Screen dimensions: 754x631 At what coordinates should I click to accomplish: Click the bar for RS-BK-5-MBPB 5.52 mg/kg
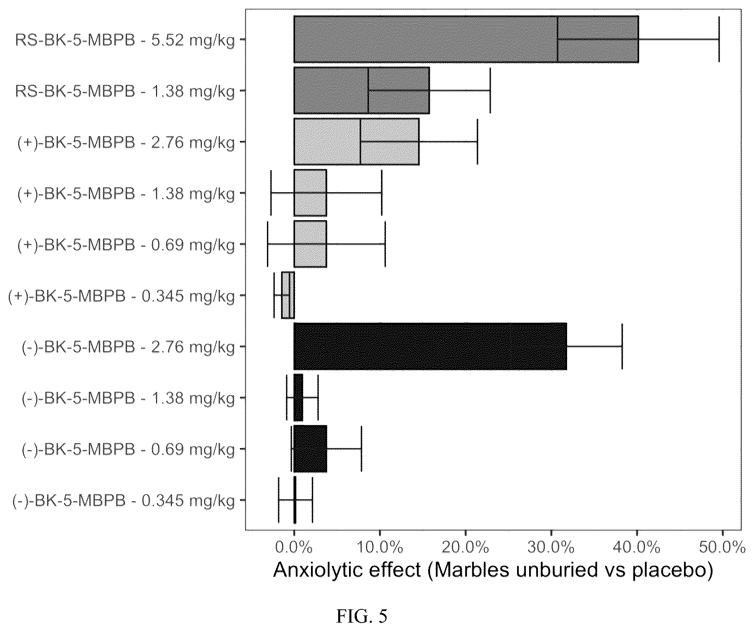pos(466,39)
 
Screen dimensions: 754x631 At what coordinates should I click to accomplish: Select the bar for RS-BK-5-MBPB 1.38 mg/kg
pos(362,90)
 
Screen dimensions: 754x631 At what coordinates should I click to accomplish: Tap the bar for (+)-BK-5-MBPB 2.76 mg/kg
pos(357,141)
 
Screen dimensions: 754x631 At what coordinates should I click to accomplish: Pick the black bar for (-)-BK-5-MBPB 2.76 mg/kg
pos(430,346)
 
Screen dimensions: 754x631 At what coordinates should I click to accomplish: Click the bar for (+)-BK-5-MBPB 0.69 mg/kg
pos(310,244)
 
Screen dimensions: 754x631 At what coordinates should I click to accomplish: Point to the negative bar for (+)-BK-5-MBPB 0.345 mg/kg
pos(288,295)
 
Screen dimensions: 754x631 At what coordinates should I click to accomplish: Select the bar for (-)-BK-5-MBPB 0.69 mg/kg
pos(310,449)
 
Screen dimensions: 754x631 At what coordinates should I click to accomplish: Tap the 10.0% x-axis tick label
pos(380,547)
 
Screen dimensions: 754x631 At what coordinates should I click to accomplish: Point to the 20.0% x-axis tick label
pos(465,547)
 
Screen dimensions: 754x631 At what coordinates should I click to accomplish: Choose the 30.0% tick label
pos(551,547)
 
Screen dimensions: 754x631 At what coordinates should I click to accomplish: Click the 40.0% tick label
pos(637,547)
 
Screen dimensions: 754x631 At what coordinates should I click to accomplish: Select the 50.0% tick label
pos(722,547)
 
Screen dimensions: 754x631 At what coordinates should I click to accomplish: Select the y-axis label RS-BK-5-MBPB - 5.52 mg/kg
pos(125,41)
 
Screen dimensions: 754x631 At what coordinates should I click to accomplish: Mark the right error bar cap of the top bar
pos(719,39)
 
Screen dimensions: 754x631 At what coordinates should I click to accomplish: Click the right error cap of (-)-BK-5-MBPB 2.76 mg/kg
pos(622,346)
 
